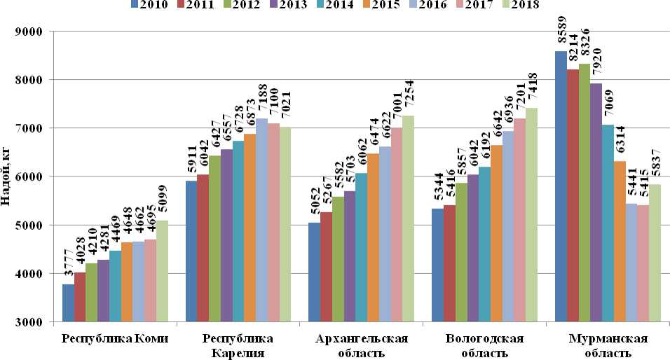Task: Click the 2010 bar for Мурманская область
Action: [x=561, y=186]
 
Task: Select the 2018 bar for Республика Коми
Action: [x=162, y=271]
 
